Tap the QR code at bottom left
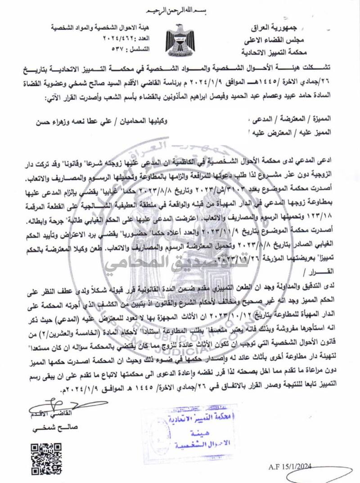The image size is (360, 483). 46,459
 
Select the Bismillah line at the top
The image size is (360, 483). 180,10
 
